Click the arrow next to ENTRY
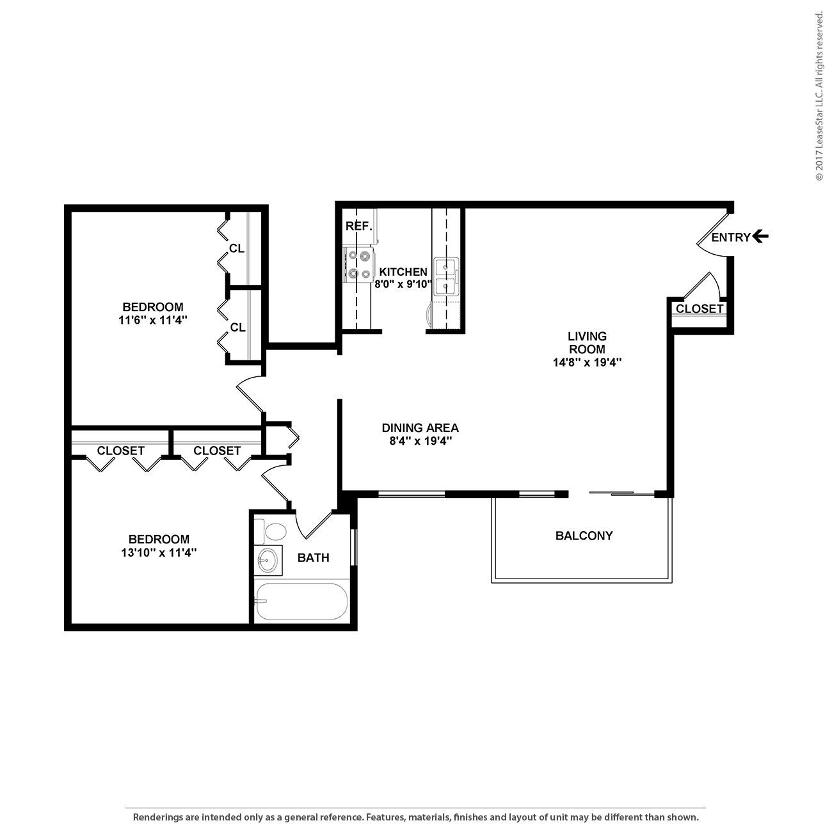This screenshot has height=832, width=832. [760, 237]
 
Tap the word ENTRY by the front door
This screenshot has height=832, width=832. [730, 237]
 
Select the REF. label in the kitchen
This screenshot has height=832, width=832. [358, 226]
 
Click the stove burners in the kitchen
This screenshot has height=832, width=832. [360, 265]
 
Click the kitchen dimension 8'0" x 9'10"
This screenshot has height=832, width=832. [403, 284]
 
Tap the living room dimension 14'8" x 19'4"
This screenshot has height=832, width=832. [587, 362]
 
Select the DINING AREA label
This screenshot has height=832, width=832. [420, 428]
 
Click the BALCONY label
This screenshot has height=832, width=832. [584, 536]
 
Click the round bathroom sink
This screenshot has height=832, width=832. [268, 561]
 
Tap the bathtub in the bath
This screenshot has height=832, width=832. [301, 602]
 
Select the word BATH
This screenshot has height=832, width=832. [314, 558]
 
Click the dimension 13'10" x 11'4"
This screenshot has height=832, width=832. [159, 552]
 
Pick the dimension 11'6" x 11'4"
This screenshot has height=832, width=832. [152, 320]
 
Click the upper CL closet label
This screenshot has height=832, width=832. [237, 248]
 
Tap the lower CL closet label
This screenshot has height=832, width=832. [237, 328]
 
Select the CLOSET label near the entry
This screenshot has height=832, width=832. [700, 308]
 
